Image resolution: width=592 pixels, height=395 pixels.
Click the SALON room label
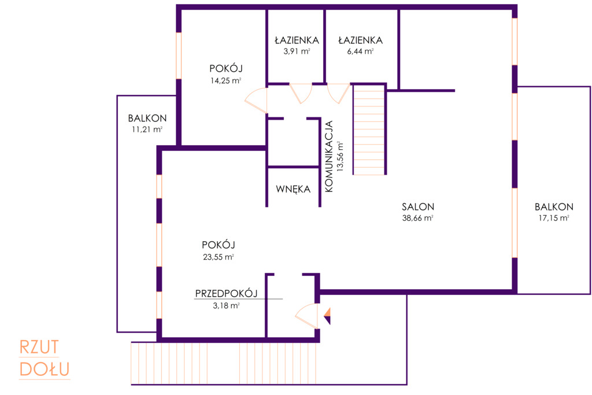[x=417, y=206]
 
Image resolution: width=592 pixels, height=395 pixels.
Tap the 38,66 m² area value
[x=417, y=218]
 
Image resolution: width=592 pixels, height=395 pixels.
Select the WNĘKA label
[x=293, y=189]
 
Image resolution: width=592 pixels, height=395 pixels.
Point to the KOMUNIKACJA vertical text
[x=329, y=156]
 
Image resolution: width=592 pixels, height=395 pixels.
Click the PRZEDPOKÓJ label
[x=226, y=293]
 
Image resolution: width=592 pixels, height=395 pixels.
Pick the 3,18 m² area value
[x=226, y=305]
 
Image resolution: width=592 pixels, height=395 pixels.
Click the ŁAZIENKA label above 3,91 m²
[x=297, y=40]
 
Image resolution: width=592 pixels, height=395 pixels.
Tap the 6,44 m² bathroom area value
[x=361, y=51]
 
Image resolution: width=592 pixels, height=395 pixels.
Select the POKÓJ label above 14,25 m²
[x=226, y=68]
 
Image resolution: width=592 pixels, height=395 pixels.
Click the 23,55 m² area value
[x=219, y=257]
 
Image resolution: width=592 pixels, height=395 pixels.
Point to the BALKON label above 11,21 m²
[x=147, y=118]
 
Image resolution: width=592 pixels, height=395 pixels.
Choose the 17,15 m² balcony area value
[x=554, y=218]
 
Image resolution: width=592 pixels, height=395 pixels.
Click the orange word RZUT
[x=39, y=348]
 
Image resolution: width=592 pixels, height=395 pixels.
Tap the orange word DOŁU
[x=45, y=370]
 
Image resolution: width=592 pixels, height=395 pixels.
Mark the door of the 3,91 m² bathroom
[x=301, y=93]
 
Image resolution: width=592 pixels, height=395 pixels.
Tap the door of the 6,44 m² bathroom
[x=339, y=93]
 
